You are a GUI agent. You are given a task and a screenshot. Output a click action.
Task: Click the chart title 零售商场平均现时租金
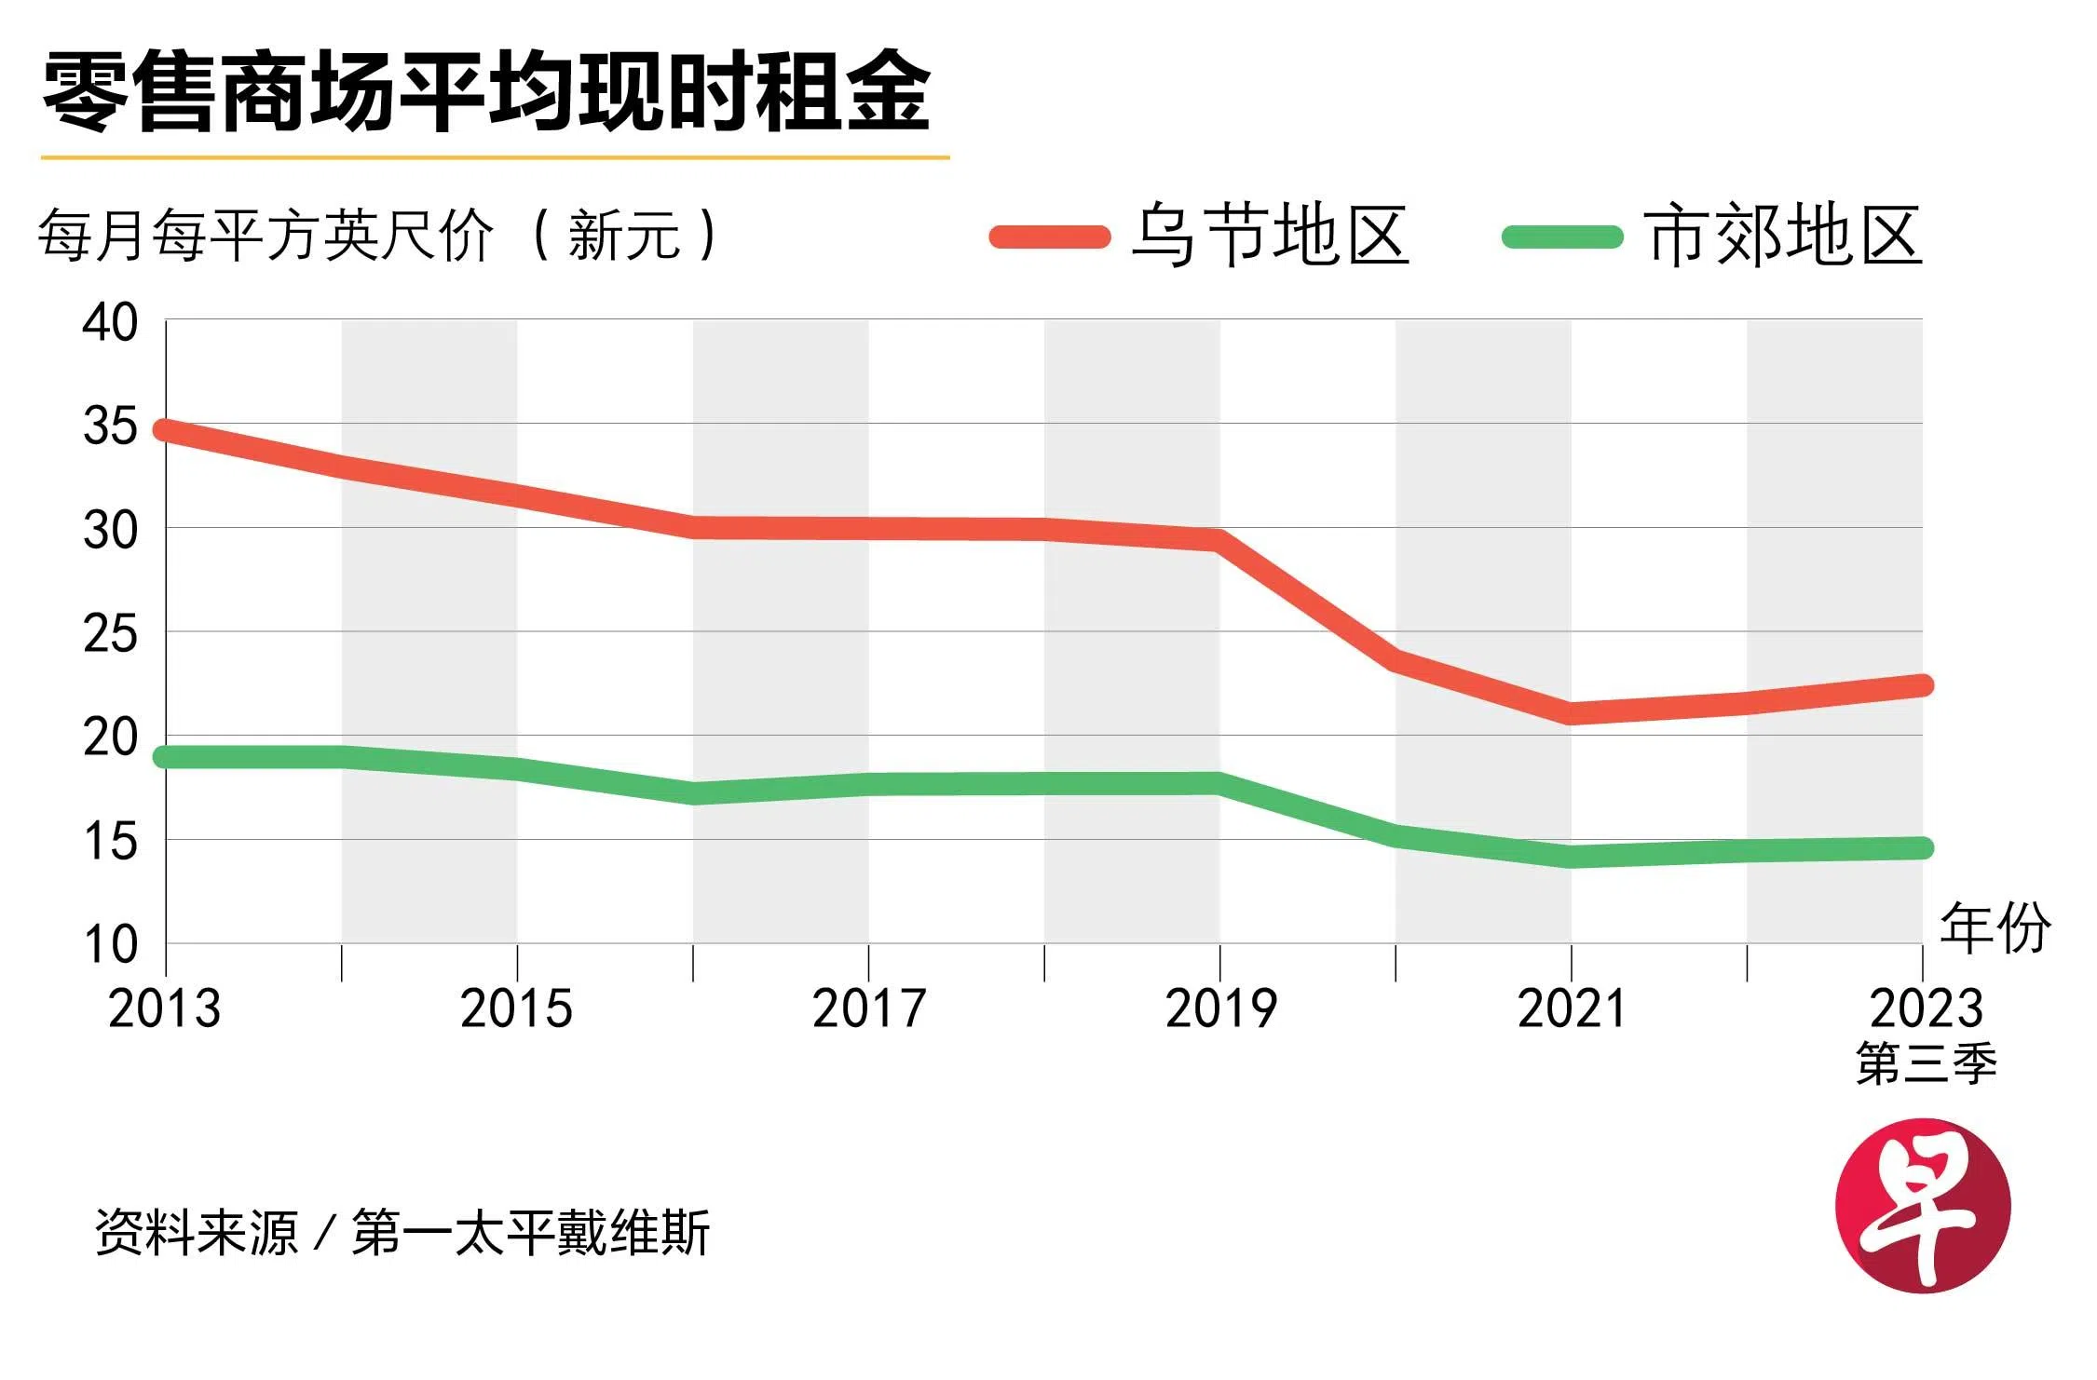(486, 91)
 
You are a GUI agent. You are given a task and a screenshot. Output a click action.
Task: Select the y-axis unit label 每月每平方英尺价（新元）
(377, 235)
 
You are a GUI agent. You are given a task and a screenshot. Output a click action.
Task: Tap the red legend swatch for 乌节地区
(1049, 237)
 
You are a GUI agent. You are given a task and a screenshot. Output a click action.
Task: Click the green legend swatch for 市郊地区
(1562, 237)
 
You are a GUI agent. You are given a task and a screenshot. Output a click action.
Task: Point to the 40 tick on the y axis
(110, 323)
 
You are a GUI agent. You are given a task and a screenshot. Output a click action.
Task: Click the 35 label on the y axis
(110, 427)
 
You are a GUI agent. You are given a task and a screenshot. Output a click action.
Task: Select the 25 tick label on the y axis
(110, 635)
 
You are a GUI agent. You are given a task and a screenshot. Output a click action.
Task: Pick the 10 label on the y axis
(110, 944)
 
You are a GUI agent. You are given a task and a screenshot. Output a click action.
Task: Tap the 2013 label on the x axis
(165, 1009)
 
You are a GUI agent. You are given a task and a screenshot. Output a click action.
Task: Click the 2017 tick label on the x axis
(868, 1009)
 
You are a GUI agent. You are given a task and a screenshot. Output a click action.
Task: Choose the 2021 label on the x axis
(1572, 1009)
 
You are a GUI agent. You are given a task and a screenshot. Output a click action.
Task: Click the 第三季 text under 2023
(1926, 1064)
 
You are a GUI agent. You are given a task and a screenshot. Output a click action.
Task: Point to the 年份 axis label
(1995, 928)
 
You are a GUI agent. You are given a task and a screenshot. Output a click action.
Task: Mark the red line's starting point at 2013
(167, 430)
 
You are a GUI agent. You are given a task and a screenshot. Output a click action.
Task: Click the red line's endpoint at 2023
(1921, 685)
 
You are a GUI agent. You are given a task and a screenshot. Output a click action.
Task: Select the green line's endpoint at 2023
(1921, 847)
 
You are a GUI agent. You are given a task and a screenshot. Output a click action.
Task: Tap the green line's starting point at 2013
(167, 756)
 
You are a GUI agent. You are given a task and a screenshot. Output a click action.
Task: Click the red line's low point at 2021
(1572, 713)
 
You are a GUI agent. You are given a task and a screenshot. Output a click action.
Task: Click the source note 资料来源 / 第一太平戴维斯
(402, 1232)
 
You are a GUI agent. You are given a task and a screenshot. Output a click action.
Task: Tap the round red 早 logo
(1923, 1206)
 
